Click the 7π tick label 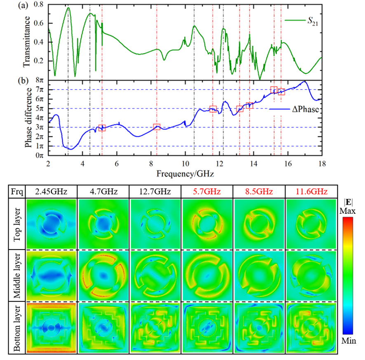pyautogui.click(x=40, y=89)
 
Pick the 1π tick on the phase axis pyautogui.click(x=40, y=146)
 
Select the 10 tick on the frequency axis pyautogui.click(x=185, y=163)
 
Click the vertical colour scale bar pyautogui.click(x=348, y=275)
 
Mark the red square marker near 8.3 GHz pyautogui.click(x=157, y=127)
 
